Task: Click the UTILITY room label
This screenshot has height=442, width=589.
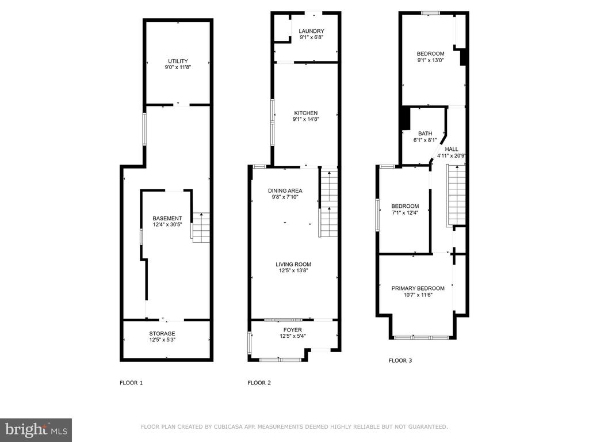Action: click(x=178, y=61)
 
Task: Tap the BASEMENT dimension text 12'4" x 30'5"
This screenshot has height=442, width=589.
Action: click(x=167, y=225)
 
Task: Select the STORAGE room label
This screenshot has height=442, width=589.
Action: click(x=162, y=333)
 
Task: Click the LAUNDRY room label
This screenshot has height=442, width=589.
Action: click(x=311, y=31)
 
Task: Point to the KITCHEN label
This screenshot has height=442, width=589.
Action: click(x=306, y=113)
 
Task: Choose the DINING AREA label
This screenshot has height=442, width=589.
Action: click(x=285, y=190)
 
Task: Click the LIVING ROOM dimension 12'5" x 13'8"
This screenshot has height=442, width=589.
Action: click(x=293, y=270)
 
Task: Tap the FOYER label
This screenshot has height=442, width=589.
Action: click(x=293, y=330)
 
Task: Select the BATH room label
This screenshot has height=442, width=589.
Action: click(x=425, y=134)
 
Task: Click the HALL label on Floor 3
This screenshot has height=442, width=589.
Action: click(x=452, y=149)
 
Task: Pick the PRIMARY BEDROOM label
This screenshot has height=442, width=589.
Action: click(x=418, y=288)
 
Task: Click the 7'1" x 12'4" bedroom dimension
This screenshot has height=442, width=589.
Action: click(x=405, y=212)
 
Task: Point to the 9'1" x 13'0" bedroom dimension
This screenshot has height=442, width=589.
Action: click(x=430, y=60)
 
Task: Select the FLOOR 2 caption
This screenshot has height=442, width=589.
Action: click(x=259, y=383)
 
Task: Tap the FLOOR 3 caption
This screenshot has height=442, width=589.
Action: click(x=400, y=360)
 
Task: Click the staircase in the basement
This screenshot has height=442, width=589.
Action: click(x=201, y=228)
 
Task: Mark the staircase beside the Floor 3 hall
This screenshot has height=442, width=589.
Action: click(x=456, y=196)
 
